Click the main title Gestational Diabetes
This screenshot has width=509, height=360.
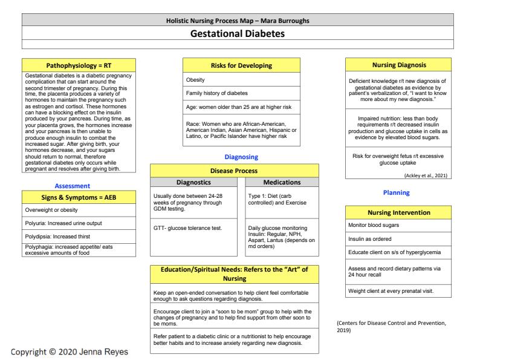coord(237,34)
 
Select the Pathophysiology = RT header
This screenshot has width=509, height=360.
coord(79,65)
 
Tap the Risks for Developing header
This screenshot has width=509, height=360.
coord(242,65)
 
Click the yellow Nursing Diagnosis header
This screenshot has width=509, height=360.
coord(399,65)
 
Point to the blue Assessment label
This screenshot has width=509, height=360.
coord(72,186)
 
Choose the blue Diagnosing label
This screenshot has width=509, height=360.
coord(241,157)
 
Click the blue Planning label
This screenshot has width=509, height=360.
coord(396,193)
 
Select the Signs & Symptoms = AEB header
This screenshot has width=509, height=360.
coord(79,197)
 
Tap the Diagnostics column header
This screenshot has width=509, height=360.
coord(193,182)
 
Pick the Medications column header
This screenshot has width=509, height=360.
coord(282,182)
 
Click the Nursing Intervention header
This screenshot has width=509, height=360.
coord(399,212)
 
